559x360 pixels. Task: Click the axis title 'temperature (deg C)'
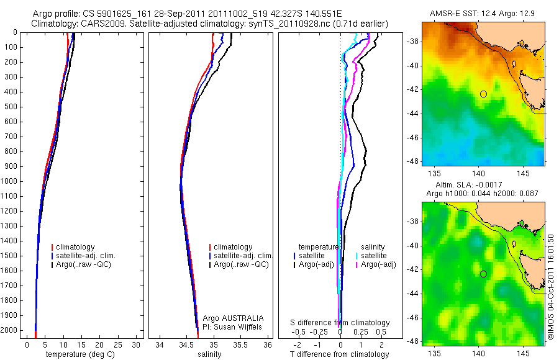pos(81,354)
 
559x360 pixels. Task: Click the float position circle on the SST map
pos(483,94)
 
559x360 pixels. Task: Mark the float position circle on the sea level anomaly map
pos(483,274)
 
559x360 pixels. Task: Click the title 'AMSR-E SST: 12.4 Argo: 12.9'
pos(483,14)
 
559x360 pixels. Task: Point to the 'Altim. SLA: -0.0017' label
pos(483,186)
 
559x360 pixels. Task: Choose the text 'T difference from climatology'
pos(340,354)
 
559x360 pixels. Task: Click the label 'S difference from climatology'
pos(340,323)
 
